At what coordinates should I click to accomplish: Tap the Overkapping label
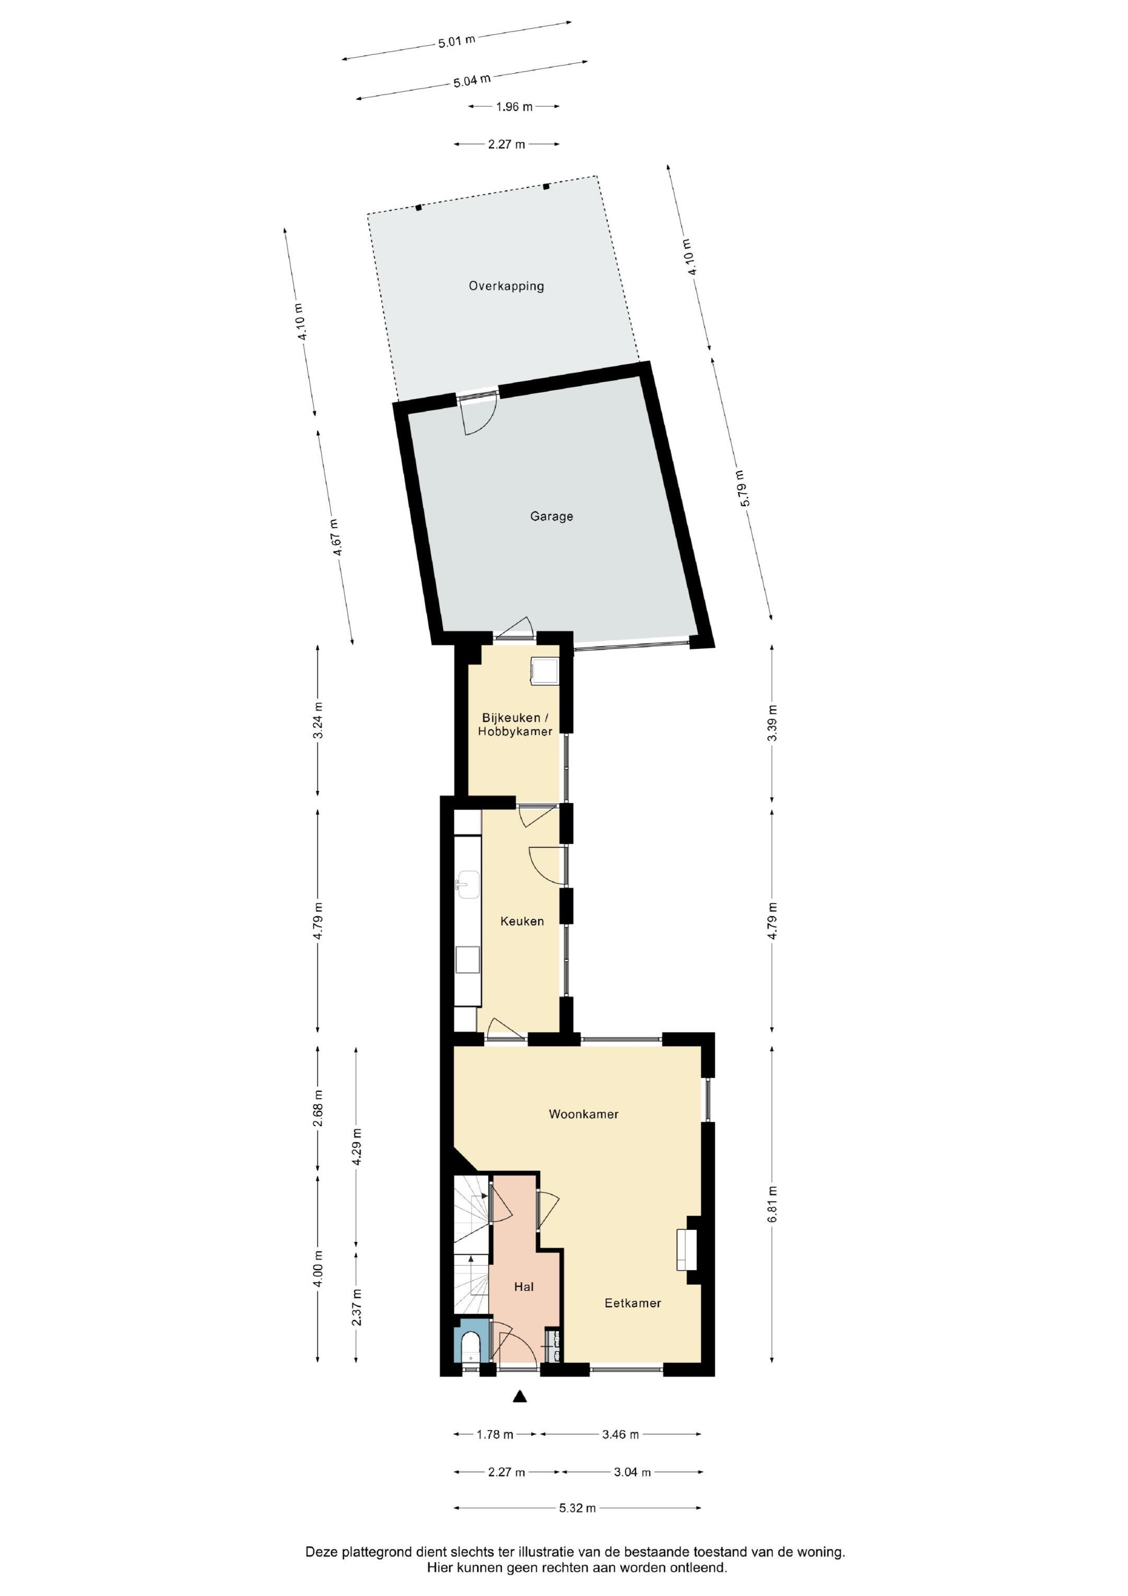coord(506,286)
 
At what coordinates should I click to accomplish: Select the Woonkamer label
coord(583,1114)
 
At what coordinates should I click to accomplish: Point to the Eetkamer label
coord(632,1303)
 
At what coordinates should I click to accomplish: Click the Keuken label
coord(522,922)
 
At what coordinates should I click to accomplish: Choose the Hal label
coord(523,1287)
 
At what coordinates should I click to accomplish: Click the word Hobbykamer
coord(515,731)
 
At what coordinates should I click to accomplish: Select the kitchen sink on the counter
coord(467,883)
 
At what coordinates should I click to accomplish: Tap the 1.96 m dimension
coord(514,107)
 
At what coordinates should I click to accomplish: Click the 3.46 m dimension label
coord(620,1434)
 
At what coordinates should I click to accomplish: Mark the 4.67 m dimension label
coord(336,538)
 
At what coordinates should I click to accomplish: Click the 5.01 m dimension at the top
coord(456,41)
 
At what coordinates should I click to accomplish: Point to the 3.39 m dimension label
coord(773,723)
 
